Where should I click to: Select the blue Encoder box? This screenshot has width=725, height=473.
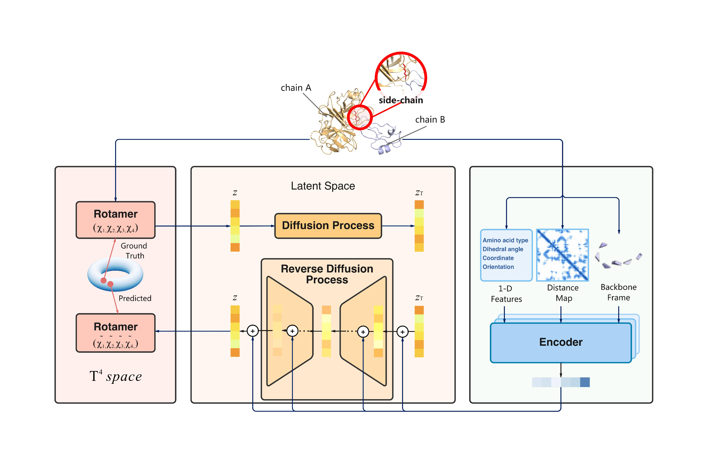tap(560, 342)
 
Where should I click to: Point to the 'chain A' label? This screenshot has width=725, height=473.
tap(296, 88)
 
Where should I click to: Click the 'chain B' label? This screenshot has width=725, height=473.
tap(430, 120)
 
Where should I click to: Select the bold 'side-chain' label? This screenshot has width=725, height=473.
tap(401, 100)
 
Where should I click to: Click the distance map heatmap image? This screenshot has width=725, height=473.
tap(562, 255)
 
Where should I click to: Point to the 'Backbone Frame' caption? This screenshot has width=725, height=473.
tap(618, 292)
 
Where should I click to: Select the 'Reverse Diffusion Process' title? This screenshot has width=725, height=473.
tap(327, 274)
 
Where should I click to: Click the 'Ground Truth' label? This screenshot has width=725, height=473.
tap(134, 250)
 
